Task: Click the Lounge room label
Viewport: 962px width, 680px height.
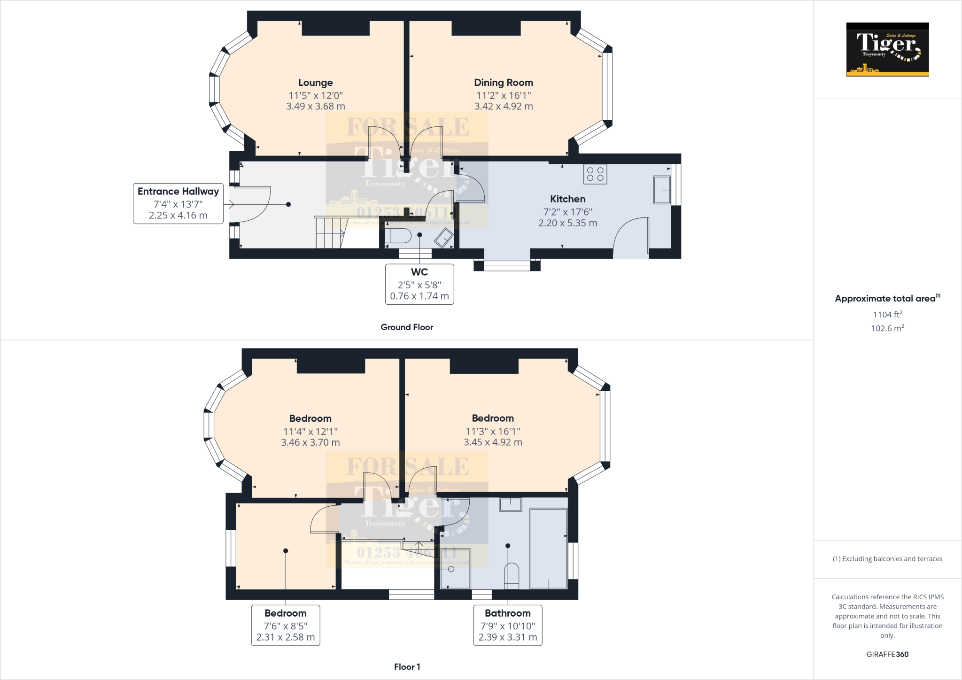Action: pyautogui.click(x=315, y=83)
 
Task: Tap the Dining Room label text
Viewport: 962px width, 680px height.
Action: pyautogui.click(x=503, y=83)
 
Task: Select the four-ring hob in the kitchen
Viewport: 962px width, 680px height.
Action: pyautogui.click(x=595, y=174)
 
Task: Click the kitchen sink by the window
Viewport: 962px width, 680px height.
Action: pyautogui.click(x=662, y=190)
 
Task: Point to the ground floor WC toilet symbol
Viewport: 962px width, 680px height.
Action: pyautogui.click(x=398, y=236)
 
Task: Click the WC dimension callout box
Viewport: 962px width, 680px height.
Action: pyautogui.click(x=419, y=284)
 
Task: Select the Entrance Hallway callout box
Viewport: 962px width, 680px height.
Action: pyautogui.click(x=178, y=203)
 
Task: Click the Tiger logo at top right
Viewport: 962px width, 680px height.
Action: pyautogui.click(x=887, y=49)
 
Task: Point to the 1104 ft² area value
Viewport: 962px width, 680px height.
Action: pyautogui.click(x=887, y=314)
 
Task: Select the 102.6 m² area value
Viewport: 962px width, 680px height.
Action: pyautogui.click(x=887, y=328)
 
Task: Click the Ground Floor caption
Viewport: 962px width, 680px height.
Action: pyautogui.click(x=407, y=327)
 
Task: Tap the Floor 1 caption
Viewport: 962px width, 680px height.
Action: pyautogui.click(x=407, y=667)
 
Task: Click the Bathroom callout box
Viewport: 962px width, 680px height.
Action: pyautogui.click(x=508, y=625)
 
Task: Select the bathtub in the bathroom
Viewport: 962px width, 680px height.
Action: pyautogui.click(x=548, y=548)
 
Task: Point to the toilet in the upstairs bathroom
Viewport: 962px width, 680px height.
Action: pyautogui.click(x=511, y=576)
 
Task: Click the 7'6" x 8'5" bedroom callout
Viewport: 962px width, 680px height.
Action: pyautogui.click(x=286, y=625)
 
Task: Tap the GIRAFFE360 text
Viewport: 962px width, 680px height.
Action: pyautogui.click(x=887, y=654)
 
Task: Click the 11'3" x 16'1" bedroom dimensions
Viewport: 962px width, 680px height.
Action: pyautogui.click(x=493, y=431)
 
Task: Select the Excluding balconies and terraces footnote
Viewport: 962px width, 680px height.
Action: pyautogui.click(x=887, y=559)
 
